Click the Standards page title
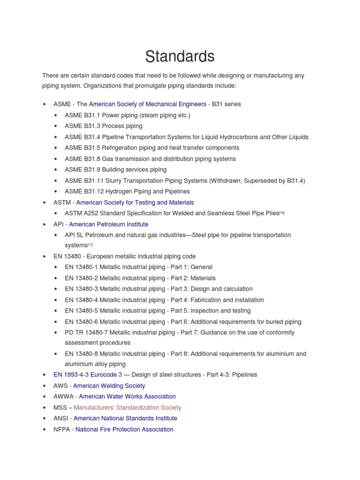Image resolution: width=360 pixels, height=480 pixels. tap(180, 57)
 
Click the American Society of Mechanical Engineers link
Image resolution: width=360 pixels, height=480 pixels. tap(147, 104)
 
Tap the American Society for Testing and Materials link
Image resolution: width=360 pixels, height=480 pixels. tap(135, 202)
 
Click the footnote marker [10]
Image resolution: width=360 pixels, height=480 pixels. tap(282, 213)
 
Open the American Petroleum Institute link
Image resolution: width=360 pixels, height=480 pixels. tap(108, 224)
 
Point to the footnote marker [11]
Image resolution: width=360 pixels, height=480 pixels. tap(90, 245)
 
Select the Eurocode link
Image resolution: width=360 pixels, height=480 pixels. tap(103, 375)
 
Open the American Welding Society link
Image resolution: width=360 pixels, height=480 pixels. tap(109, 386)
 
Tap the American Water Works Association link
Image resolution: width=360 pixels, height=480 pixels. tap(127, 397)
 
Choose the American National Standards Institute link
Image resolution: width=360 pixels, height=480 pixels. tap(125, 418)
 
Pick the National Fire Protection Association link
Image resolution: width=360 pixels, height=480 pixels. tap(124, 429)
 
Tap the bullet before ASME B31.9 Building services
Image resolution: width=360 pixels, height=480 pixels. tap(56, 170)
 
